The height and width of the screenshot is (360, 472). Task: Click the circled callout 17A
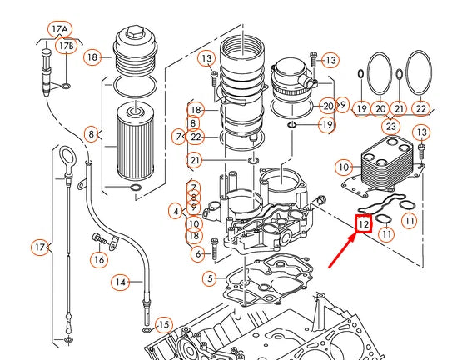(59, 28)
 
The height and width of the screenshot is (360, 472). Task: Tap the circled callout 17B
(67, 45)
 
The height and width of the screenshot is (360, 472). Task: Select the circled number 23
(390, 126)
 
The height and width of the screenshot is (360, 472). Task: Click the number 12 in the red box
(364, 224)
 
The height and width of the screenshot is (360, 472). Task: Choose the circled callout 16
(99, 259)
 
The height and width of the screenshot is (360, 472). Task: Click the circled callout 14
(122, 282)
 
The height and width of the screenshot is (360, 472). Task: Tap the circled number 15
(163, 324)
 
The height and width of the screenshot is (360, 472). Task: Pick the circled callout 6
(197, 253)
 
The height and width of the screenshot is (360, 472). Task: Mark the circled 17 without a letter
(39, 247)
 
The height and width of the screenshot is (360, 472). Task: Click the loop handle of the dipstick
(66, 156)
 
